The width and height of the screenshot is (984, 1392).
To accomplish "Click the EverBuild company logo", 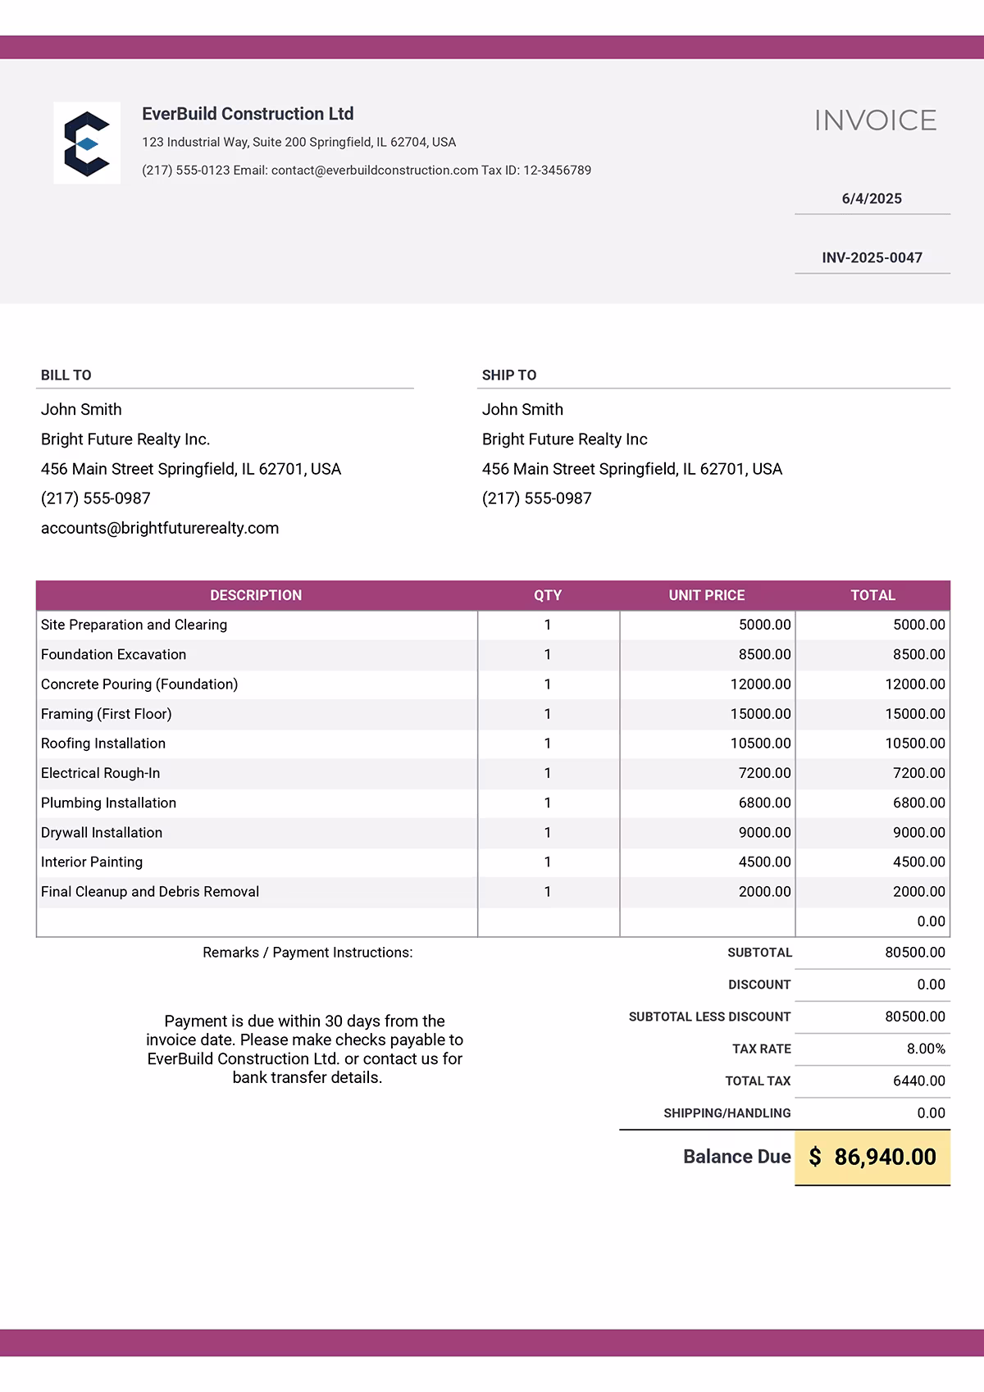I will [87, 143].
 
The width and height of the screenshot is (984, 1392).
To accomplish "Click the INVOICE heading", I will [875, 121].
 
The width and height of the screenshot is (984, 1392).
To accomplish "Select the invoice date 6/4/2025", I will [872, 199].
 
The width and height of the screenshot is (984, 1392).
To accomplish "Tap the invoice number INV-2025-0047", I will [872, 258].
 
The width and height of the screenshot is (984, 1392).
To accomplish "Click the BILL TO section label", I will [66, 375].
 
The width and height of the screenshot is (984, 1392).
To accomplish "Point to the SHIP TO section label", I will [509, 375].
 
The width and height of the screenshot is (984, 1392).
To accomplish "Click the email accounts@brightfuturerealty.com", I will [160, 529].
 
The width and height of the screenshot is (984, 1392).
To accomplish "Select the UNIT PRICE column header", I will [707, 596].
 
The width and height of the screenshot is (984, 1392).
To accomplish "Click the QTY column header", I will [548, 596].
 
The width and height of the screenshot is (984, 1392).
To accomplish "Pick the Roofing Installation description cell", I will [103, 744].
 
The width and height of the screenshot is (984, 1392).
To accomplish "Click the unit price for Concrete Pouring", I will [760, 685].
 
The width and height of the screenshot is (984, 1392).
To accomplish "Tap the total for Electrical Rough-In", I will [918, 773].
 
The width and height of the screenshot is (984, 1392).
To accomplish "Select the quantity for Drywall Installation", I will [548, 833].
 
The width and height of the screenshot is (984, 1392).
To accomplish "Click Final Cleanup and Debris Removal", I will [150, 892].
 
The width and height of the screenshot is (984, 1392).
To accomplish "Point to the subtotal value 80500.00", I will [915, 953].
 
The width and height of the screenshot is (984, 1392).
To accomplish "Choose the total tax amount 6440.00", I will [918, 1081].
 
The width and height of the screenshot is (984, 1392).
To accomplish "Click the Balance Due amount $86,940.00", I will [872, 1158].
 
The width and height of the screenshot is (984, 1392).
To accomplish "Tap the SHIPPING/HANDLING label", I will [727, 1113].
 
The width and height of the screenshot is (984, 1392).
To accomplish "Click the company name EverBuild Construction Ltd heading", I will [248, 114].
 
